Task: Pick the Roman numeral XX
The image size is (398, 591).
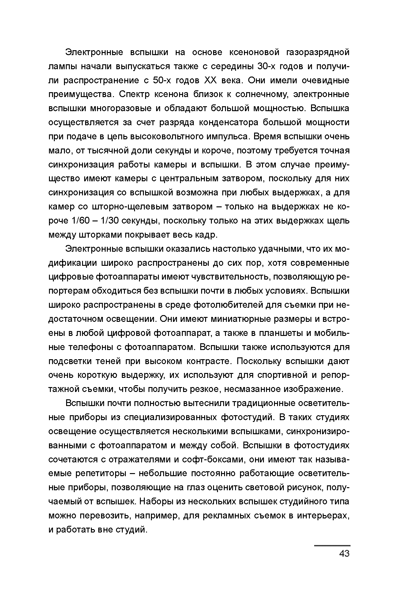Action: [210, 81]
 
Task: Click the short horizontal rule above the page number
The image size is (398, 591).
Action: [332, 545]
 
